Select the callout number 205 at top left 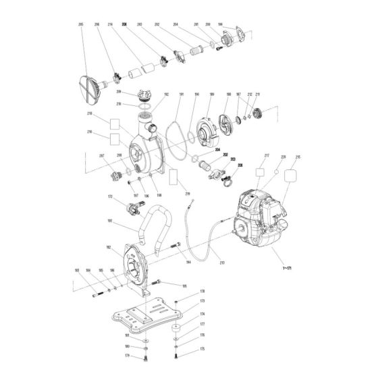tap(82, 25)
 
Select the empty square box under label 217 tap(260, 172)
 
